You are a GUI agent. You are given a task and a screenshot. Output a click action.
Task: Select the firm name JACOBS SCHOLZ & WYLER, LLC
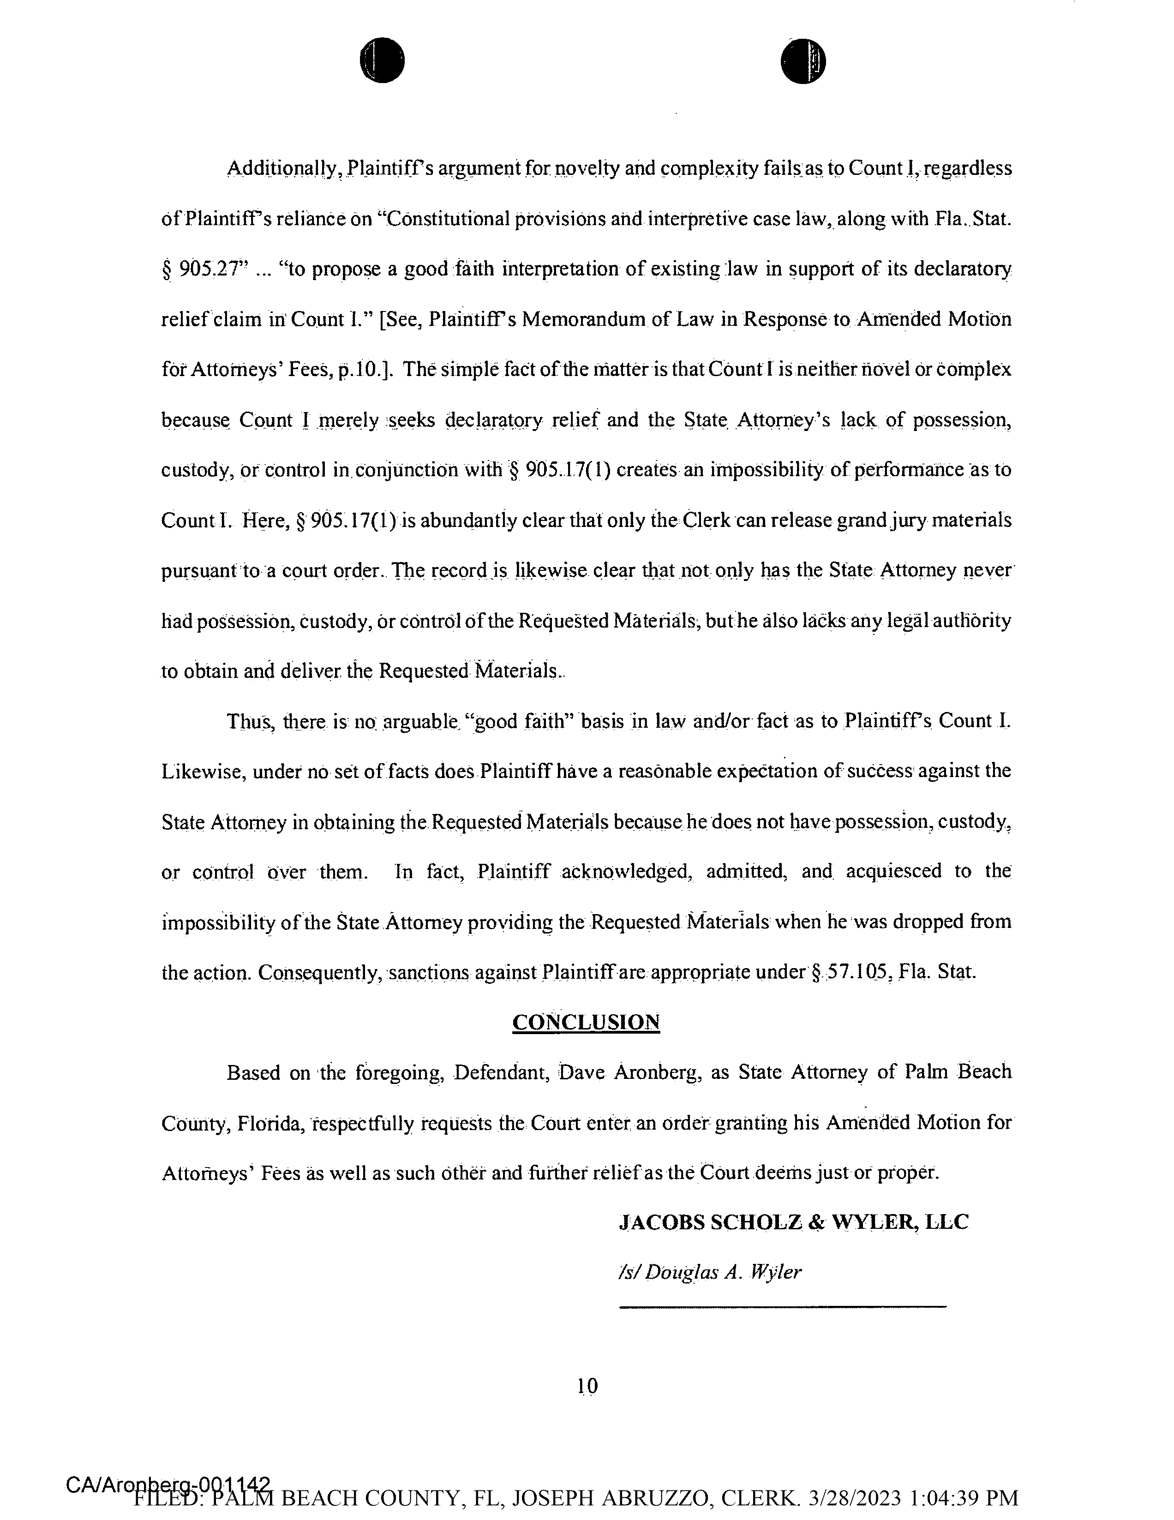click(793, 1221)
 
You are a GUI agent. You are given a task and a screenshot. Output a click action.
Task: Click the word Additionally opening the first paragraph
click(283, 169)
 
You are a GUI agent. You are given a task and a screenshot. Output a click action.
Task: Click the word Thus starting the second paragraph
click(245, 721)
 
